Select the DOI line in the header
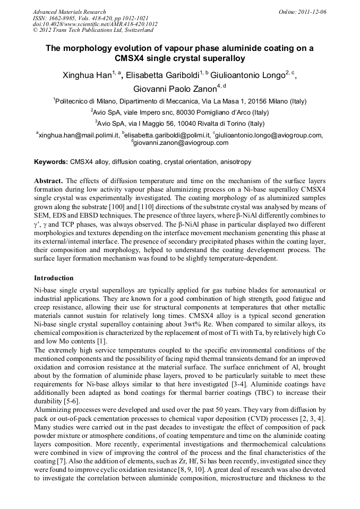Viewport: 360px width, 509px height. pos(95,24)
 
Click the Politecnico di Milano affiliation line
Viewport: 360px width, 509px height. pos(180,101)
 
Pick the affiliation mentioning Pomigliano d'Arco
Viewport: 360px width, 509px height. pos(180,113)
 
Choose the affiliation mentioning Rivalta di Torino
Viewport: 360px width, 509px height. pos(180,124)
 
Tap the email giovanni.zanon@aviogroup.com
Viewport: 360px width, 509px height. pos(181,143)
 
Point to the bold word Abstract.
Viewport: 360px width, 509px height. pos(49,180)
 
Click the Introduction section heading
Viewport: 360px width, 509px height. pos(54,278)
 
